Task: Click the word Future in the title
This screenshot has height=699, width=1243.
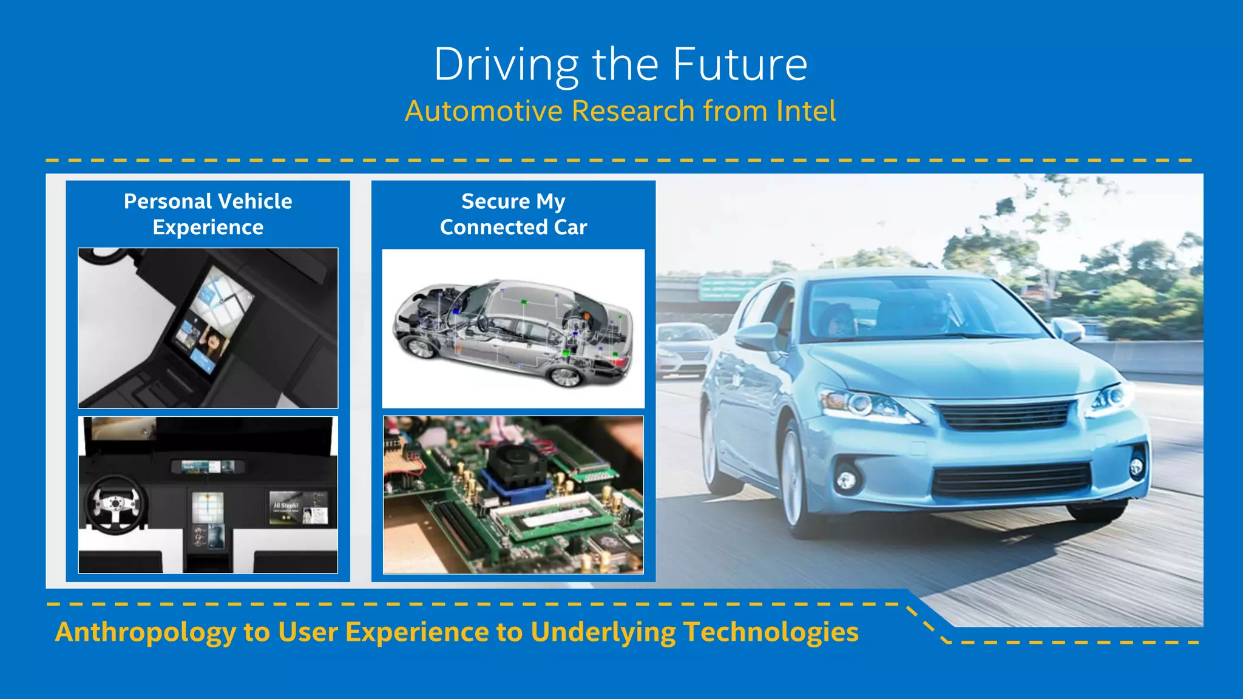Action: (x=740, y=64)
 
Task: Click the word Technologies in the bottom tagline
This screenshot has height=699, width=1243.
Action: (x=770, y=632)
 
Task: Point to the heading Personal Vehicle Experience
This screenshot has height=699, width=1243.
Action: (x=208, y=214)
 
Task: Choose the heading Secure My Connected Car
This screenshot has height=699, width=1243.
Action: (x=513, y=214)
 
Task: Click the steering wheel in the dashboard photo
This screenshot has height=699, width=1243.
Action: (x=115, y=504)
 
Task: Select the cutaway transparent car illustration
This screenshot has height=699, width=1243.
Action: (x=513, y=331)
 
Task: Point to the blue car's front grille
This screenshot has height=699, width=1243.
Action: (x=1004, y=416)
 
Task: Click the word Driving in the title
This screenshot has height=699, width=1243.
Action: (x=506, y=64)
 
